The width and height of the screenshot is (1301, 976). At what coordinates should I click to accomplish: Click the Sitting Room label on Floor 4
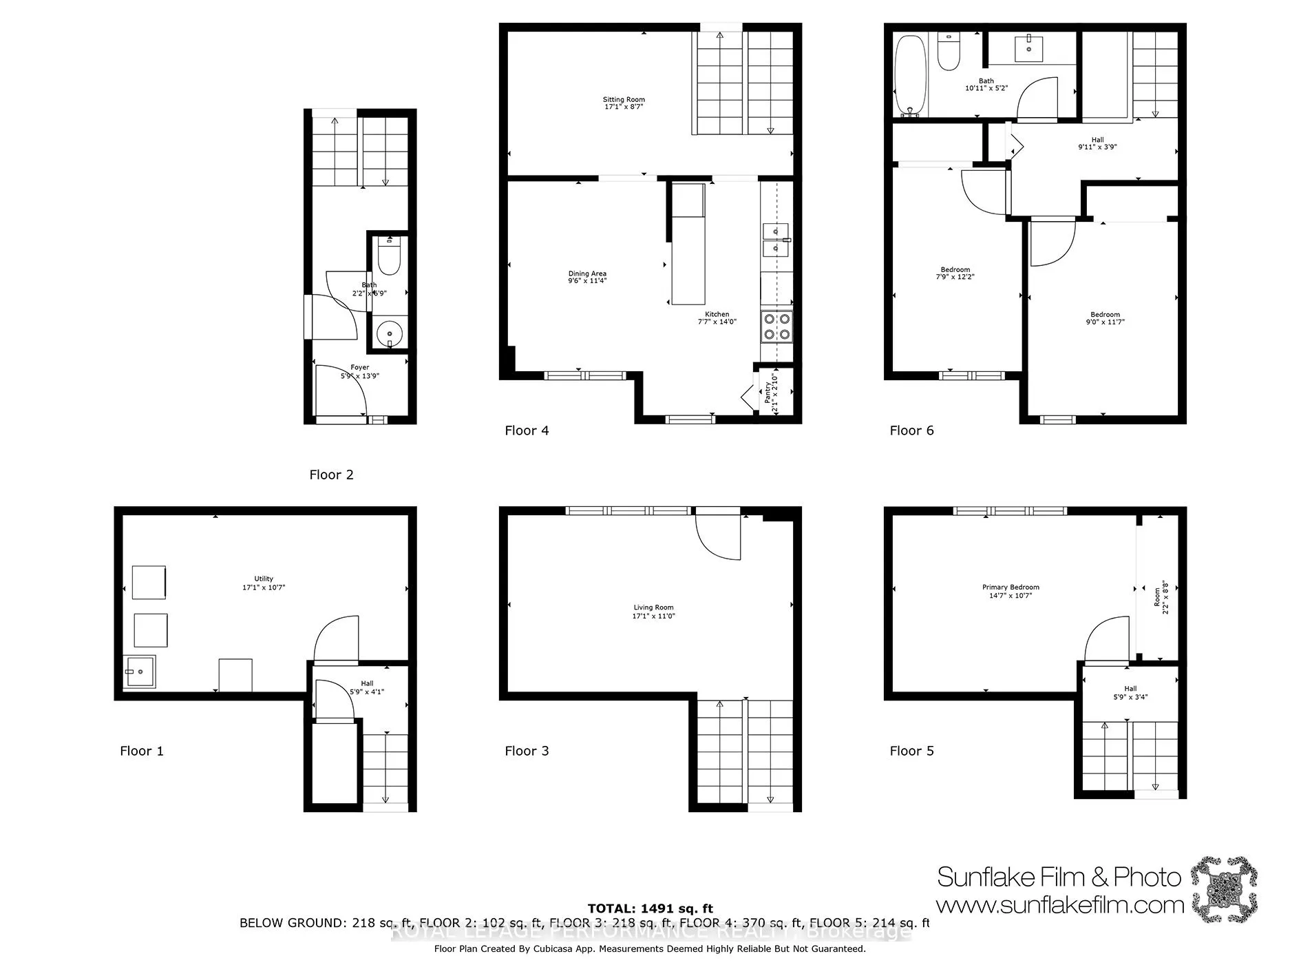[x=624, y=100]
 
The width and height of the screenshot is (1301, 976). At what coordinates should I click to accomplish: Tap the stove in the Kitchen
[x=776, y=326]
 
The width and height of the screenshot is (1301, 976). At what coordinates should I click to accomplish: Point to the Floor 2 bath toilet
[x=390, y=256]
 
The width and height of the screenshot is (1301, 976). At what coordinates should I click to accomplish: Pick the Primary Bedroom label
[x=1011, y=588]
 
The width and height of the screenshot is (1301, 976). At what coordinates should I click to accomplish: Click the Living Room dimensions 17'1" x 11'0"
[x=654, y=616]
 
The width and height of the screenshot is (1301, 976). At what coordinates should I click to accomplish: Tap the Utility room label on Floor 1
[x=264, y=579]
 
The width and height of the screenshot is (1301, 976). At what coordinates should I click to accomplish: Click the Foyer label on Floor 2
[x=359, y=368]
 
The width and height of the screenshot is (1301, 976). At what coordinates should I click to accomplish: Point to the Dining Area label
[x=587, y=273]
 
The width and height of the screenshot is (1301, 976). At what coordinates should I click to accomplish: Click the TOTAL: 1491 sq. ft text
[x=650, y=909]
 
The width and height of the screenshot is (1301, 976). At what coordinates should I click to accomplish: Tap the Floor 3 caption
[x=527, y=751]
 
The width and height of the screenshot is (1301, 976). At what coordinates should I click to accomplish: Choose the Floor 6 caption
[x=911, y=430]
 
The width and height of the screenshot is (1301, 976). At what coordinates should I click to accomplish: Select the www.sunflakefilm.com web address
[x=1059, y=904]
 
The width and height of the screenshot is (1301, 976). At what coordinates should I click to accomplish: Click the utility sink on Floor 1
[x=140, y=672]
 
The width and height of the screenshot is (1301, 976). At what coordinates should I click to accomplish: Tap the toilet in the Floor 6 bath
[x=949, y=52]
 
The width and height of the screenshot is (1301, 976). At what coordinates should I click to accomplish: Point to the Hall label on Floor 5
[x=1130, y=689]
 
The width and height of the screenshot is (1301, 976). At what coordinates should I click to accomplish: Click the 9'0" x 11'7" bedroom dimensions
[x=1105, y=322]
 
